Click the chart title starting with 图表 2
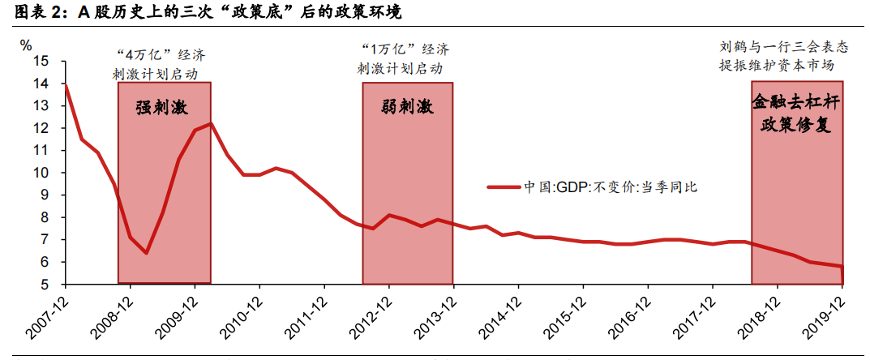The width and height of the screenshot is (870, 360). (x=208, y=13)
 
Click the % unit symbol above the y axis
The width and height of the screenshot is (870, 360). (x=26, y=45)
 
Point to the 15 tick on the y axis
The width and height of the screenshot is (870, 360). (x=42, y=62)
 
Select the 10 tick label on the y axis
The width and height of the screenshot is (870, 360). (x=42, y=173)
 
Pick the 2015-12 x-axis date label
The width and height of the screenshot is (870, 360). (x=567, y=320)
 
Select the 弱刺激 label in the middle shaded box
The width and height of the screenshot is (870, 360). (x=407, y=108)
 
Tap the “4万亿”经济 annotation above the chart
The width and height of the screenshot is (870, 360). (x=162, y=55)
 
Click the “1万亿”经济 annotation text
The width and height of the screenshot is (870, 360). (x=407, y=50)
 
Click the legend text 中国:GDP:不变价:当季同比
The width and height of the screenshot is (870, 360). (x=610, y=186)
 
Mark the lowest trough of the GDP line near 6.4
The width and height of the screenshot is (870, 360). (x=146, y=253)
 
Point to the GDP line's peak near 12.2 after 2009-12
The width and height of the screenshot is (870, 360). (x=211, y=124)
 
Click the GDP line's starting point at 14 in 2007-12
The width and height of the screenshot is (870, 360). (x=65, y=84)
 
